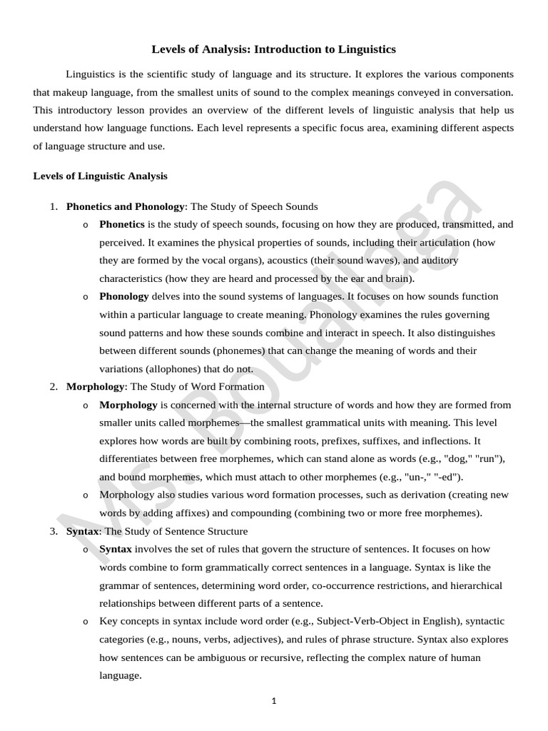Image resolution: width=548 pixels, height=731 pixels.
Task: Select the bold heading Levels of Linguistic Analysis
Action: (100, 176)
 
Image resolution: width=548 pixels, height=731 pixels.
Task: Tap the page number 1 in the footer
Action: (273, 701)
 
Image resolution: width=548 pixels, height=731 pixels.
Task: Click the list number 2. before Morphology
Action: (54, 386)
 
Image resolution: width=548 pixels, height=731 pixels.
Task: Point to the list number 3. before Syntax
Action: (54, 531)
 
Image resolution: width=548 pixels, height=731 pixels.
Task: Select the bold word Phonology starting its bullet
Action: (124, 296)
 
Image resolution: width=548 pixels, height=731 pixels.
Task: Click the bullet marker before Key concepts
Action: (85, 622)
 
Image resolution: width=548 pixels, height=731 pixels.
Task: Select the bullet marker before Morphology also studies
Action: (85, 495)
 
